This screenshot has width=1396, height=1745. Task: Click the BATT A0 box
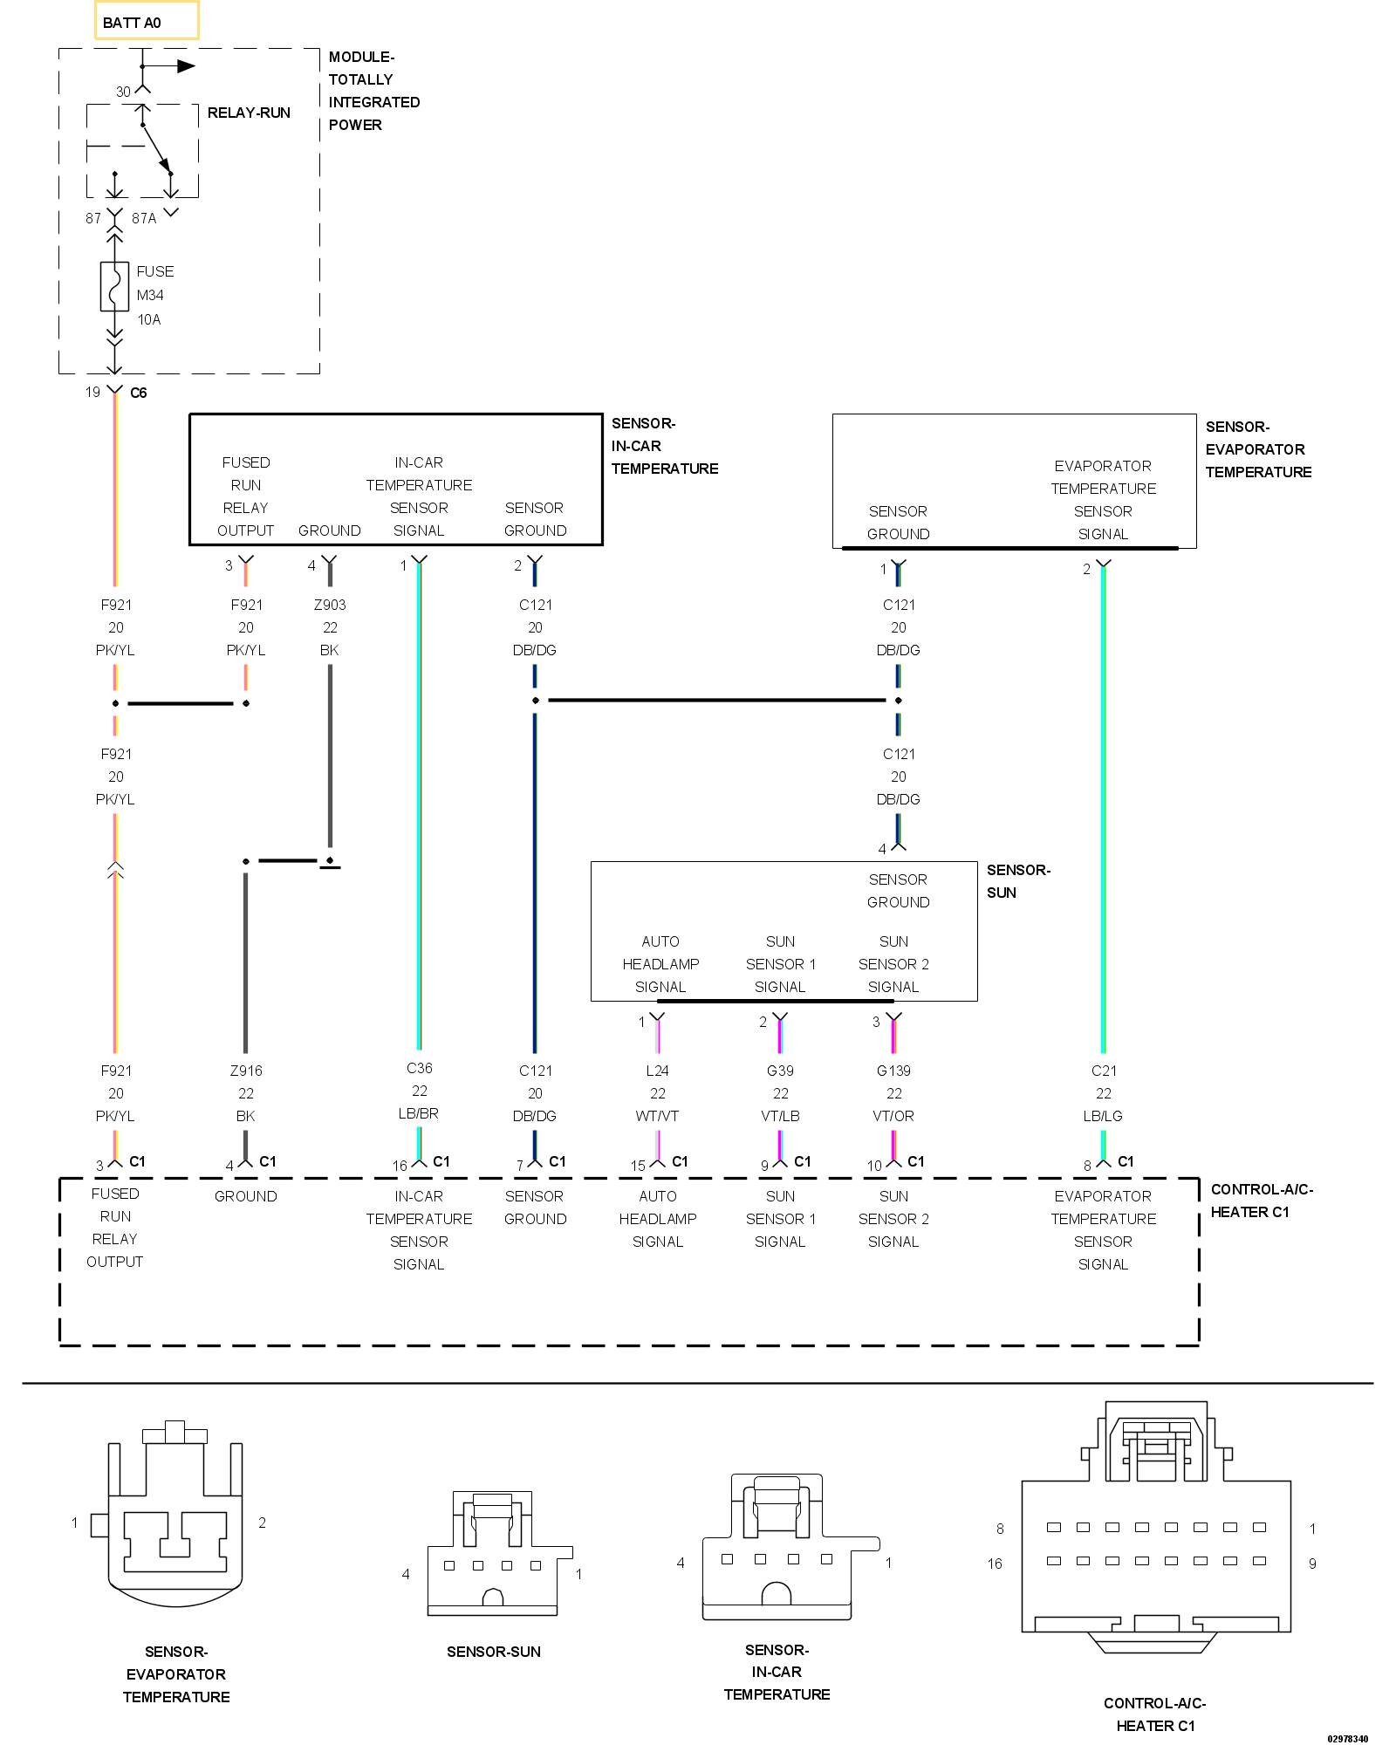pyautogui.click(x=147, y=20)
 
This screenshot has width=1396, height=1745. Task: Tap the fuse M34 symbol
pyautogui.click(x=114, y=286)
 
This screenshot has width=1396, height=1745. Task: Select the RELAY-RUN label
pyautogui.click(x=249, y=113)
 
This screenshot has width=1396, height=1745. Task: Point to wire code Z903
pyautogui.click(x=330, y=605)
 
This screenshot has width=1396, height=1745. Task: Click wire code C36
pyautogui.click(x=420, y=1068)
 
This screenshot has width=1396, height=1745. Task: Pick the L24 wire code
pyautogui.click(x=658, y=1071)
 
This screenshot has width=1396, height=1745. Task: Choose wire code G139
pyautogui.click(x=894, y=1071)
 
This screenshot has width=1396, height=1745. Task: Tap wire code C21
pyautogui.click(x=1104, y=1071)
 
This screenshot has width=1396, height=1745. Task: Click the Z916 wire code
pyautogui.click(x=246, y=1071)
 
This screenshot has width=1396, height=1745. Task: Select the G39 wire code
pyautogui.click(x=781, y=1071)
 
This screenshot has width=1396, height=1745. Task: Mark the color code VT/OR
pyautogui.click(x=894, y=1116)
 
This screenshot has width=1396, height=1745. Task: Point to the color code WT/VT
pyautogui.click(x=658, y=1116)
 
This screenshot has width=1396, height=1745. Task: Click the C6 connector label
pyautogui.click(x=139, y=393)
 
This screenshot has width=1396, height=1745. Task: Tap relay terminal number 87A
pyautogui.click(x=144, y=218)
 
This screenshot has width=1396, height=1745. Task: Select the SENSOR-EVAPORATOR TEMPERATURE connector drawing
pyautogui.click(x=175, y=1514)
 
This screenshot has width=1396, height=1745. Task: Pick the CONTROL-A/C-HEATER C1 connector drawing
pyautogui.click(x=1156, y=1528)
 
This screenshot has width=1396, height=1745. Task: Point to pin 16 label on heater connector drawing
pyautogui.click(x=995, y=1564)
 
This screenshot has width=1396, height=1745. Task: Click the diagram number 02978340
pyautogui.click(x=1348, y=1739)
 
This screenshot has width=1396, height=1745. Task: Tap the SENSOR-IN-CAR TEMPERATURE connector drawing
pyautogui.click(x=790, y=1548)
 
